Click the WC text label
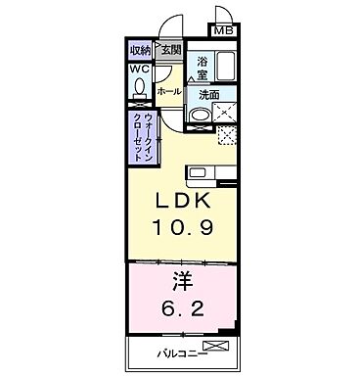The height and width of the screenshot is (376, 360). pyautogui.click(x=138, y=70)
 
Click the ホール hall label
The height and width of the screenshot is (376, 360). pyautogui.click(x=168, y=90)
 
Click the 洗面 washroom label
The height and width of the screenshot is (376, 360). pyautogui.click(x=208, y=95)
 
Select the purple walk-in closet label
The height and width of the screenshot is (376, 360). pyautogui.click(x=141, y=137)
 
